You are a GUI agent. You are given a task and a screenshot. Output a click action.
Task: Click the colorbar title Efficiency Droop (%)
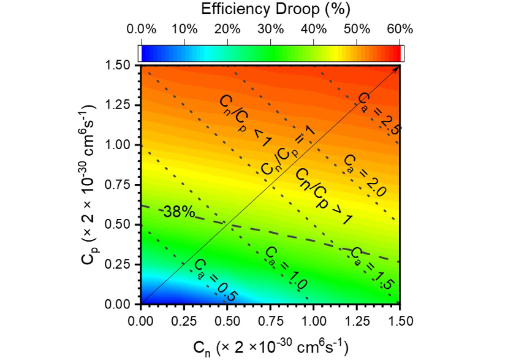click(x=276, y=9)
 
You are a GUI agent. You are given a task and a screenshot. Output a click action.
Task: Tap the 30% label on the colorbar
click(x=271, y=29)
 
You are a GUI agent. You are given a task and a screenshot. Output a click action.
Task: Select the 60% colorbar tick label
click(x=400, y=29)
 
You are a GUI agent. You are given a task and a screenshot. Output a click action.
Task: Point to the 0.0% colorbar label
click(x=141, y=29)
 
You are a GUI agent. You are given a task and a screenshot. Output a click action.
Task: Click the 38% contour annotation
click(x=179, y=212)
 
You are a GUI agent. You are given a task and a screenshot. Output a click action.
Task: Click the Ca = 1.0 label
click(x=286, y=269)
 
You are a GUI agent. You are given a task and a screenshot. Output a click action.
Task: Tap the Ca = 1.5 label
click(x=371, y=269)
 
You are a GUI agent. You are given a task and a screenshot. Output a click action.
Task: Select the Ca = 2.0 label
click(x=365, y=176)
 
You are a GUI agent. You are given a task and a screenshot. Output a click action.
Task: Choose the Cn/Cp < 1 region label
click(x=245, y=121)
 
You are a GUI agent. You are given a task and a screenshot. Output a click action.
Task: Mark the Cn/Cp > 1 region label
click(x=324, y=196)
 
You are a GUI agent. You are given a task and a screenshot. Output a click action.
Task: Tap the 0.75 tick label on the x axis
click(x=270, y=321)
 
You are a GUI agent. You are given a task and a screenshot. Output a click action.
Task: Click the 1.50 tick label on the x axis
click(x=400, y=321)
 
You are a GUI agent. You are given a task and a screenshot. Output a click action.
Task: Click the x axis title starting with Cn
click(x=271, y=347)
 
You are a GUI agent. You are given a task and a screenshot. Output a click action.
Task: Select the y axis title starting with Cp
click(x=89, y=184)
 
